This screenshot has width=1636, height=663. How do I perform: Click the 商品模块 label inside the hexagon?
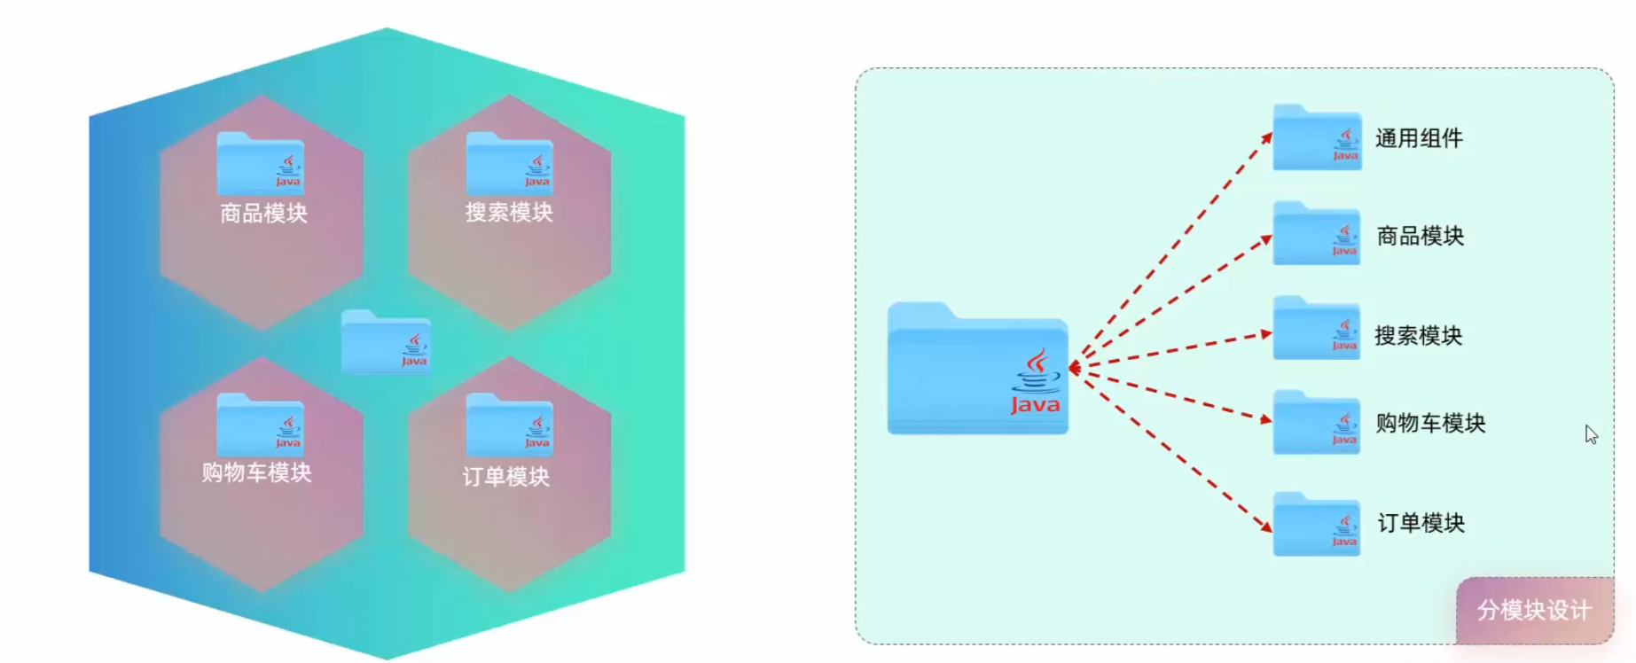(263, 213)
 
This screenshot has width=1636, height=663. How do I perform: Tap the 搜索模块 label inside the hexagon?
(509, 212)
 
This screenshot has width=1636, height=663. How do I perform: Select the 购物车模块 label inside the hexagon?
(256, 472)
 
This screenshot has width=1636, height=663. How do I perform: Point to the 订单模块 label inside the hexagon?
(505, 476)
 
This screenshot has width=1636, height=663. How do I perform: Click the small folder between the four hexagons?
(386, 341)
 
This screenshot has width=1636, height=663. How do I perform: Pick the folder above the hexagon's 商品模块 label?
(261, 163)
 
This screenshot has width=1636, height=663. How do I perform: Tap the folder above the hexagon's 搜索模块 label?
(510, 163)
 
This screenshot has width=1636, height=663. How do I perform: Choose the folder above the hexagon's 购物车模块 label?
(261, 425)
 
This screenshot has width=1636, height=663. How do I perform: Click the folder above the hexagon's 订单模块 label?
(510, 425)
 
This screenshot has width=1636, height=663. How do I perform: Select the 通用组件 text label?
(1419, 138)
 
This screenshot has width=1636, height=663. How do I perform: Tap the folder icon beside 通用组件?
(1317, 137)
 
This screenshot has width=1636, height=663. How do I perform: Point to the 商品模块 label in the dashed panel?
(1420, 236)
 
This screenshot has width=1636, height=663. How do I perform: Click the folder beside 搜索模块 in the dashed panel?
(1317, 328)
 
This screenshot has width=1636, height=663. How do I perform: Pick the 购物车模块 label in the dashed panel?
(1430, 423)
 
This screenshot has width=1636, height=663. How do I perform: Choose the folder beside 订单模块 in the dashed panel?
(1317, 524)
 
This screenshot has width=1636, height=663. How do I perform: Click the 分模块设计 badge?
(1534, 610)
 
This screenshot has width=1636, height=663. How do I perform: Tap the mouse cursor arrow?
(1591, 434)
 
